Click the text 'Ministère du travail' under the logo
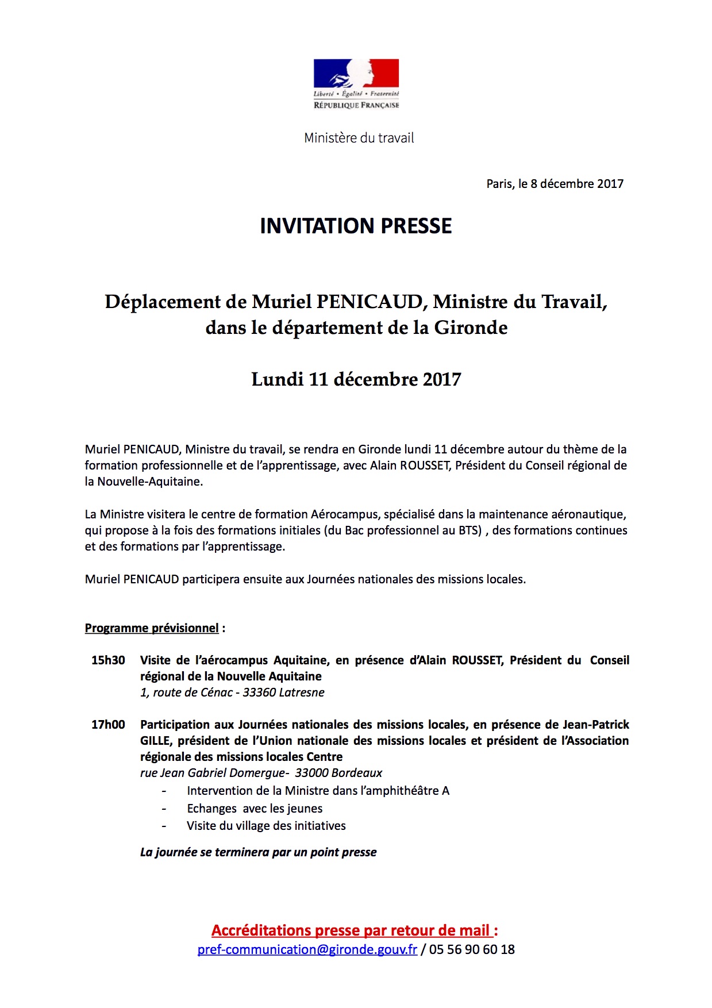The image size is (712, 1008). (359, 138)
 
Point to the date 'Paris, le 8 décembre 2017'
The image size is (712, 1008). (555, 184)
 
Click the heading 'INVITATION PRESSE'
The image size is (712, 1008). (356, 226)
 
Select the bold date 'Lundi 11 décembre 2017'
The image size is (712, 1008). (356, 379)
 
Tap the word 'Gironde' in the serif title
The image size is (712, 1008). (471, 328)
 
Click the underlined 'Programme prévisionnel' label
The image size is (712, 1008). (152, 628)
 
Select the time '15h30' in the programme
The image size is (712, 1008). (108, 660)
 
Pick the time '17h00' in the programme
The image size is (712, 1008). (108, 725)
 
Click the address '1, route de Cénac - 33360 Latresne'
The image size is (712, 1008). (232, 692)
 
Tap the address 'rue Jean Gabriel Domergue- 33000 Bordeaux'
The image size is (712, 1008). (261, 773)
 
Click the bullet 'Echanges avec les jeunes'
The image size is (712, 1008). (255, 809)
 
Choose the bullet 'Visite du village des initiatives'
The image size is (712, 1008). (266, 826)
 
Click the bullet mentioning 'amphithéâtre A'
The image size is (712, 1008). (318, 791)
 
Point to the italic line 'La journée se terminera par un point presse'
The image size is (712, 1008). (258, 852)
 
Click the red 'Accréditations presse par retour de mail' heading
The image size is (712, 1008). (352, 930)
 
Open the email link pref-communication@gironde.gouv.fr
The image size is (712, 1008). (307, 949)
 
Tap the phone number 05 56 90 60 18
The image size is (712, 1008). (472, 949)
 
